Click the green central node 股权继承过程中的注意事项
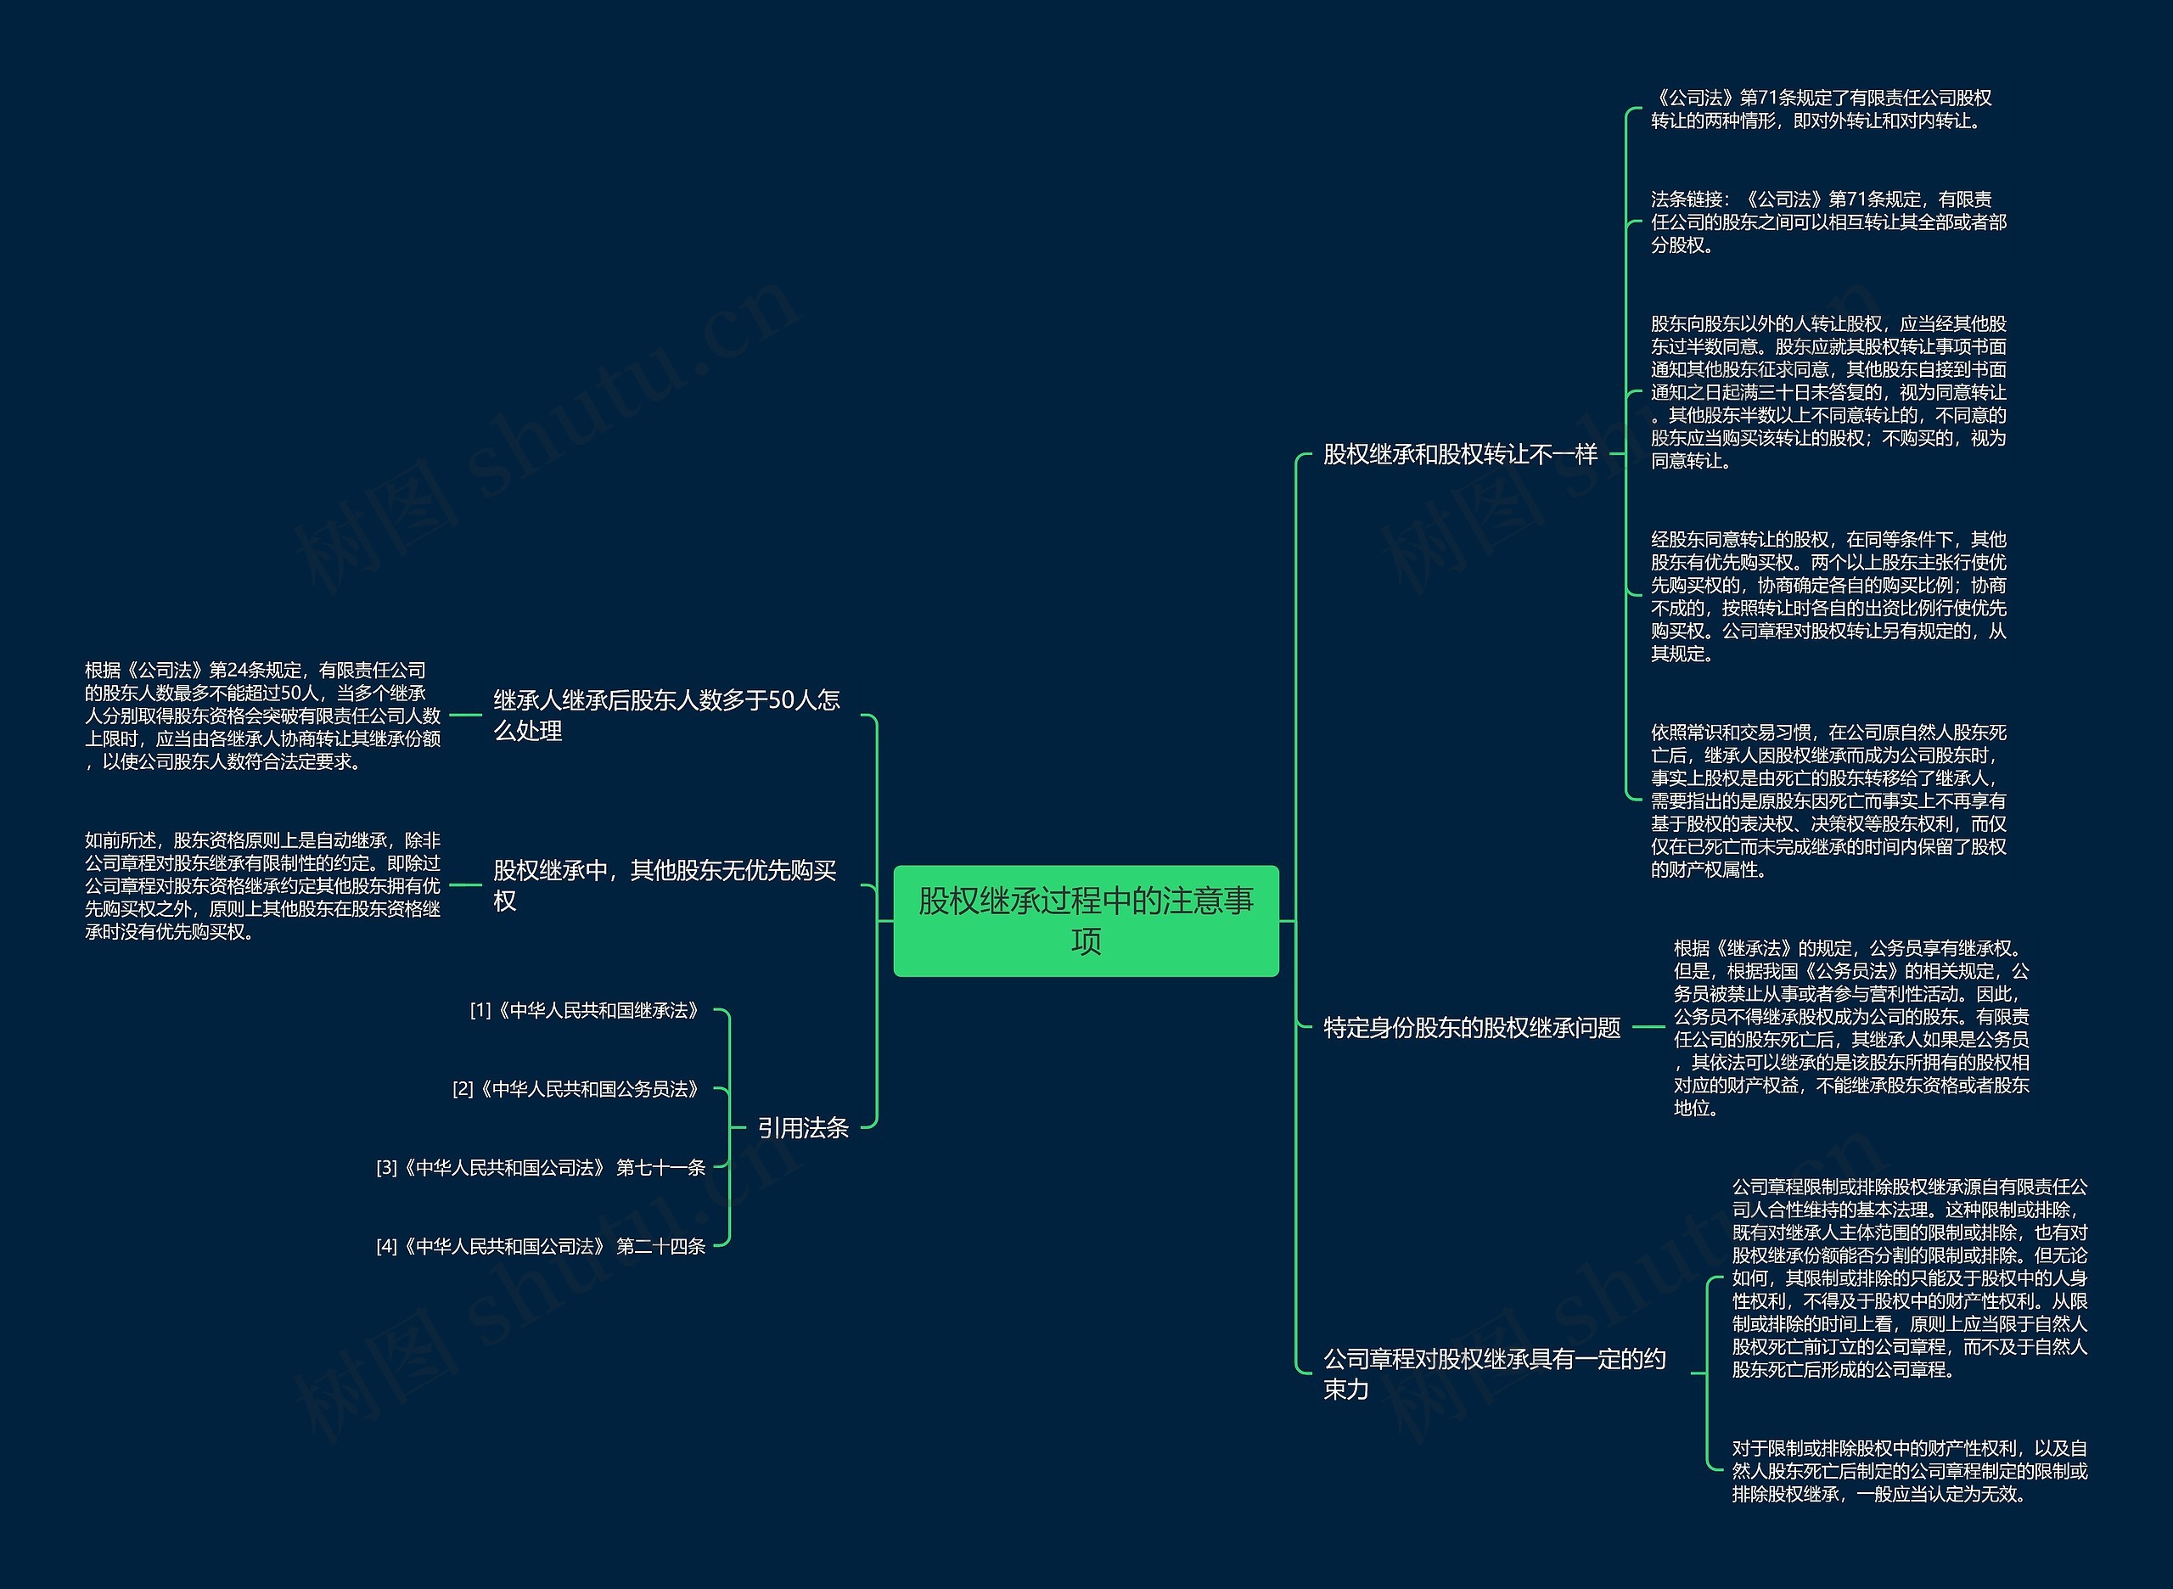pos(1086,920)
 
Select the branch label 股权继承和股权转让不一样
pos(1459,454)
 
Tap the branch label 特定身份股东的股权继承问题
pos(1472,1027)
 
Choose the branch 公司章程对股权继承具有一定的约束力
pos(1494,1373)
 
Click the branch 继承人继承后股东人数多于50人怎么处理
pos(666,715)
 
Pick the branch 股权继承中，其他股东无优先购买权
pos(665,885)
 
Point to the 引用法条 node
pos(802,1127)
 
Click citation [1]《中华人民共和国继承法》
pos(585,1011)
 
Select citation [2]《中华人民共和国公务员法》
pos(576,1089)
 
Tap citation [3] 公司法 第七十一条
pos(541,1168)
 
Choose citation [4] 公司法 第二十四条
pos(541,1247)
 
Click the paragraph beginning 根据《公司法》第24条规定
pos(262,716)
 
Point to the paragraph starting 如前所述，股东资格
pos(262,886)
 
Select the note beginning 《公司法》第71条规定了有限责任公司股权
pos(1821,109)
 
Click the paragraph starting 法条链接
pos(1828,222)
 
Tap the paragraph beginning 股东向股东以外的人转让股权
pos(1828,392)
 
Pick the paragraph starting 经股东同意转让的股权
pos(1828,597)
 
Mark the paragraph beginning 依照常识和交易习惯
pos(1828,800)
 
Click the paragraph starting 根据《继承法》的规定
pos(1850,1027)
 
